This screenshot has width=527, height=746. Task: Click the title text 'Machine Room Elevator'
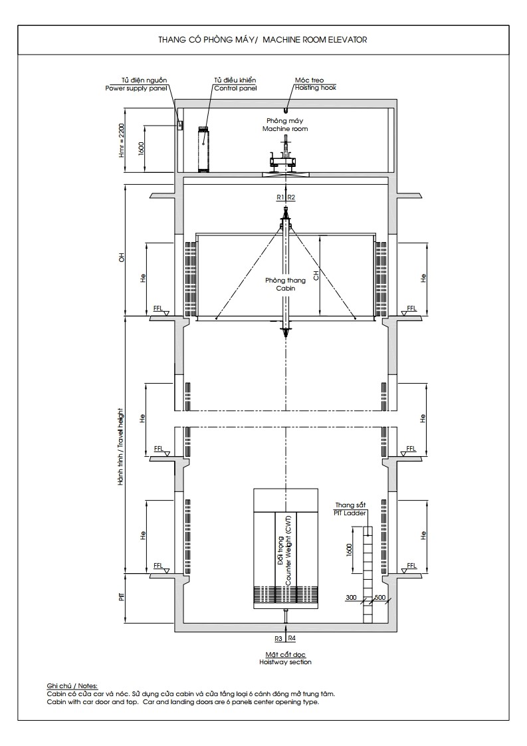[x=315, y=40]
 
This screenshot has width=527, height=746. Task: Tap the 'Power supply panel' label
[x=136, y=88]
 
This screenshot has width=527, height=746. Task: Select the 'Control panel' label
[x=235, y=88]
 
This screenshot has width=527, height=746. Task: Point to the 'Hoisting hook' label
[x=316, y=88]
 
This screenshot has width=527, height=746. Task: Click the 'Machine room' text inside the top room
[x=285, y=128]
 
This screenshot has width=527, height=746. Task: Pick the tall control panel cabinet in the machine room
[x=204, y=149]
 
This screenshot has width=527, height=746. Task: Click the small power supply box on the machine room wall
[x=180, y=125]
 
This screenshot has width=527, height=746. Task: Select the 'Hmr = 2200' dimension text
[x=122, y=141]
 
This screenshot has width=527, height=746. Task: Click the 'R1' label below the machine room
[x=280, y=197]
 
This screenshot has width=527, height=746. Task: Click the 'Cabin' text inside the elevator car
[x=285, y=288]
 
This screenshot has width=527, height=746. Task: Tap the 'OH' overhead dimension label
[x=122, y=257]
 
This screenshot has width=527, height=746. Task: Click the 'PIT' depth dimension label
[x=122, y=596]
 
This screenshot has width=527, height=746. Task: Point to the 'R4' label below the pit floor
[x=292, y=638]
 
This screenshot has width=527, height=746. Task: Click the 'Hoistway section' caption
[x=285, y=662]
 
